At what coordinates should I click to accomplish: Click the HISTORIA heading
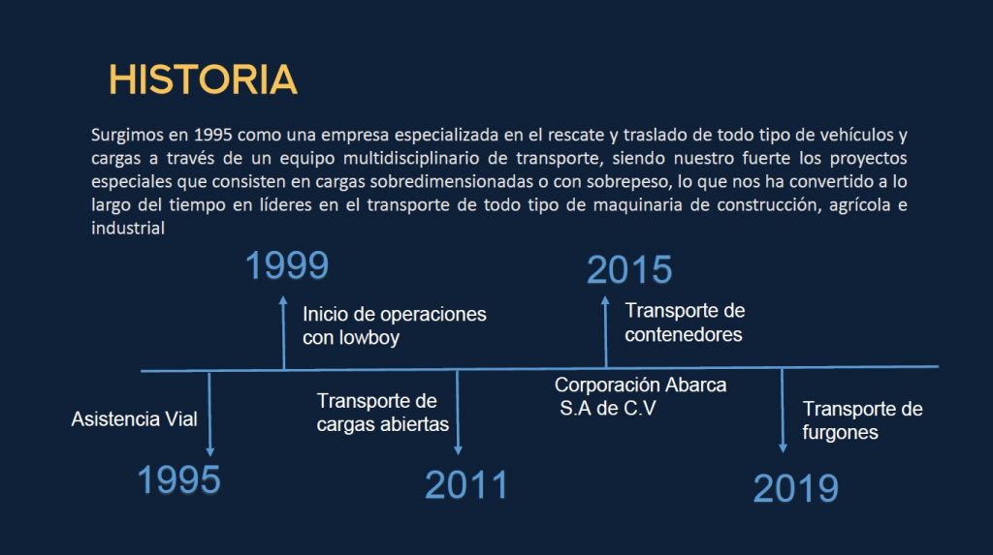click(203, 79)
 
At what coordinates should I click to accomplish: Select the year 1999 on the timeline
click(287, 265)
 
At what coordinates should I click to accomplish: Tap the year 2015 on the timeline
click(628, 269)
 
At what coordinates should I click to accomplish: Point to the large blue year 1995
click(178, 479)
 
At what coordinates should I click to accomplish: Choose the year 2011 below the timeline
click(466, 485)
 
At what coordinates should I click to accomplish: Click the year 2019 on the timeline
click(795, 489)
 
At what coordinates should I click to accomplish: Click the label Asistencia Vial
click(134, 419)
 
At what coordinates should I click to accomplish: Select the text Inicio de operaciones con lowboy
click(394, 325)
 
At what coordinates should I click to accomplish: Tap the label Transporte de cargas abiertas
click(382, 413)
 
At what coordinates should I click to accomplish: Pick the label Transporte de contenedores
click(685, 323)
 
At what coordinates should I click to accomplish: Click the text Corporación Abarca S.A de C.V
click(640, 397)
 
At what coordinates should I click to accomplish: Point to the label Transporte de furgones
click(862, 420)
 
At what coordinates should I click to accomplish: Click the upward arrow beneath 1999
click(284, 332)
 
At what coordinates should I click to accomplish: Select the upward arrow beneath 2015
click(605, 331)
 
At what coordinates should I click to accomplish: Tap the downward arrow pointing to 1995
click(209, 414)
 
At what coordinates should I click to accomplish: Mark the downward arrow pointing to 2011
click(458, 412)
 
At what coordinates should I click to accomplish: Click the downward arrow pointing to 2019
click(783, 410)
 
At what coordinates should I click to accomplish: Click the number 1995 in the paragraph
click(212, 135)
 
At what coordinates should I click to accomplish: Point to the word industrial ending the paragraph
click(128, 228)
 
